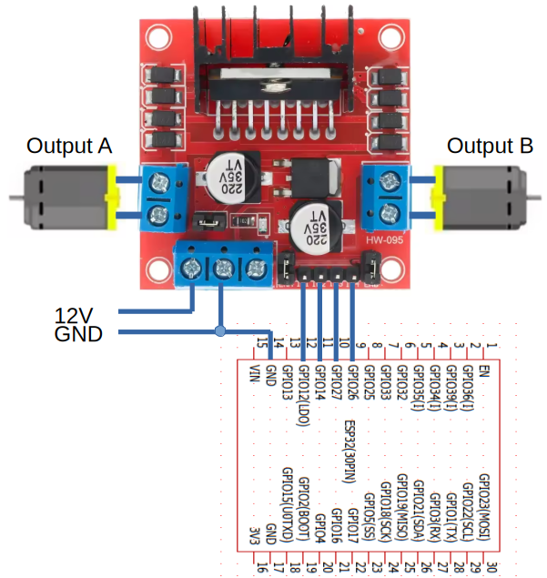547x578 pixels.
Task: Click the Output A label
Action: tap(69, 146)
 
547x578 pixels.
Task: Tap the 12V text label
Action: tap(74, 315)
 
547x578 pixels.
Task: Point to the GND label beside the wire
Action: tap(78, 334)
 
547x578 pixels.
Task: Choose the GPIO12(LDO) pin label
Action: tap(303, 393)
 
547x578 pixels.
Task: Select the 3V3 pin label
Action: tap(255, 537)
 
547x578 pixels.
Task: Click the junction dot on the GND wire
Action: tap(219, 330)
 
